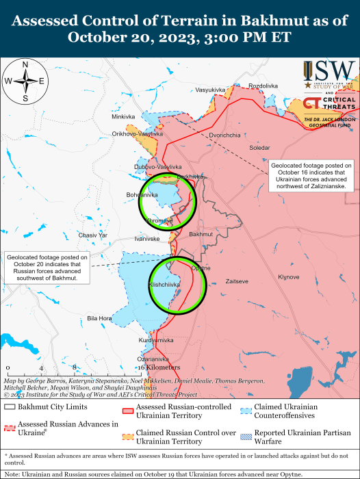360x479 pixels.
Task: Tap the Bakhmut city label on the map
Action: coord(201,234)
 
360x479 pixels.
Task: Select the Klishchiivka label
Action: coord(165,283)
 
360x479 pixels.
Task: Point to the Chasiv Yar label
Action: coord(93,235)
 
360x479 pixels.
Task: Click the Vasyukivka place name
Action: coord(210,90)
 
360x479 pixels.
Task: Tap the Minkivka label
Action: coord(124,116)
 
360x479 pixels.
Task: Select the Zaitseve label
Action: coord(236,281)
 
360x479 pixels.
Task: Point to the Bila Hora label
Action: coord(99,319)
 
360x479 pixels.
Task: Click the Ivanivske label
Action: coord(147,239)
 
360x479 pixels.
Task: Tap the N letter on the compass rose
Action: coord(25,65)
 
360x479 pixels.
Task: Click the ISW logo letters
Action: coord(335,70)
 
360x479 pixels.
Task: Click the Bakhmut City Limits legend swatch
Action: coord(10,408)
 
